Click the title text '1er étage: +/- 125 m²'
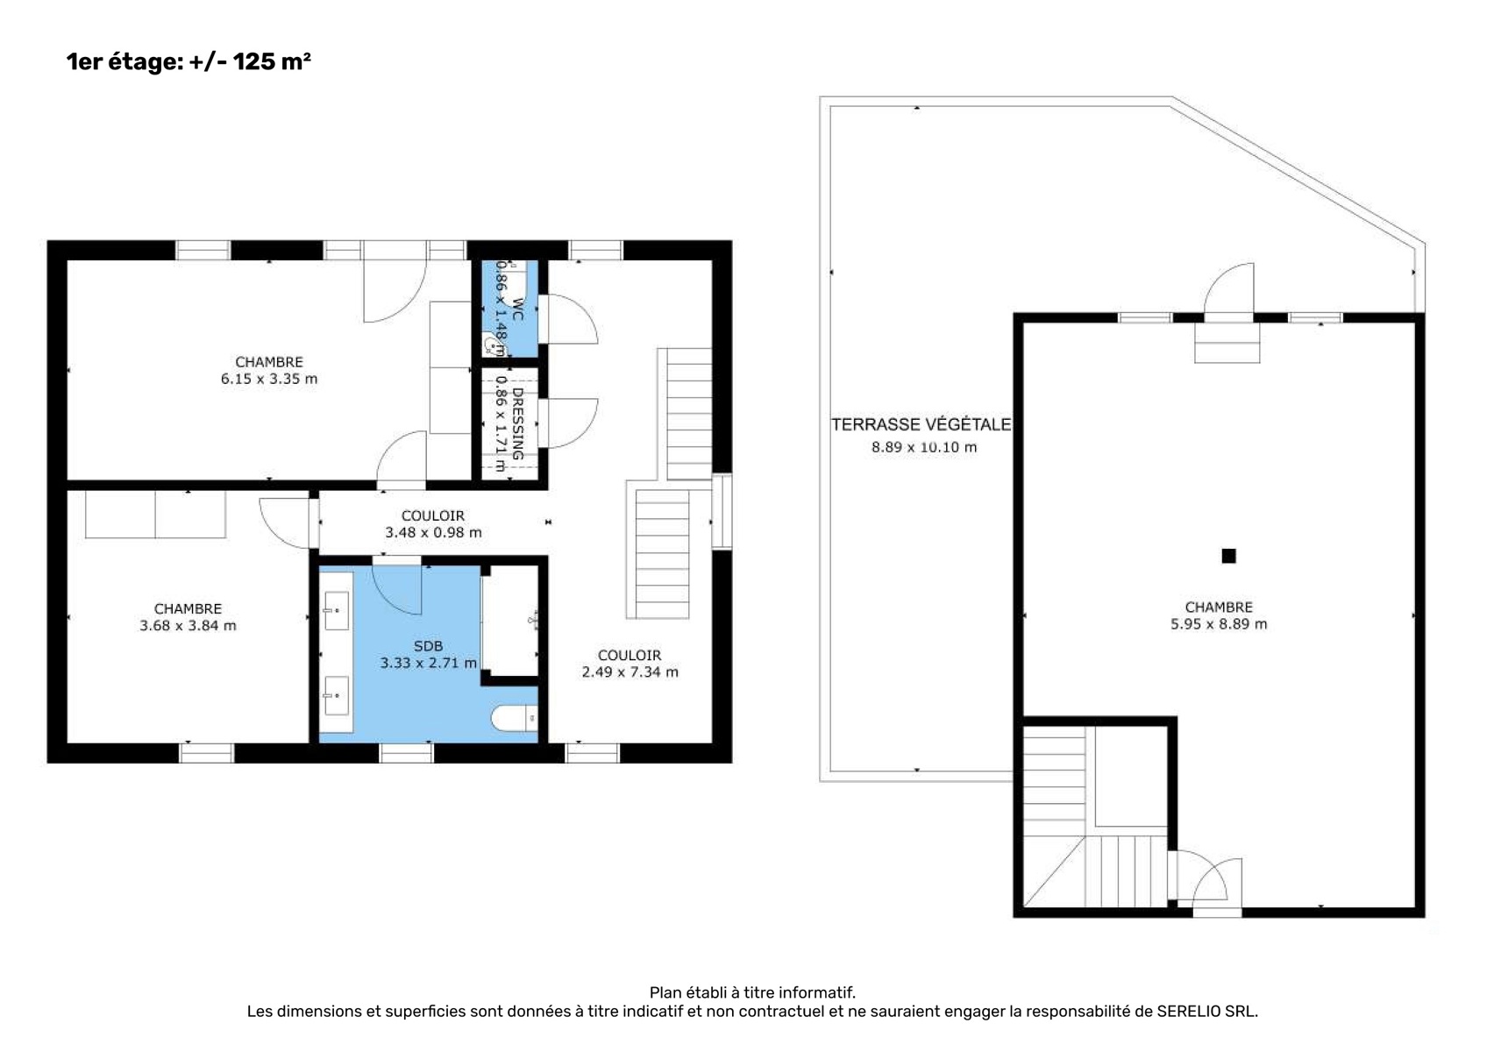[189, 61]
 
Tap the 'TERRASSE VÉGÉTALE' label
[921, 424]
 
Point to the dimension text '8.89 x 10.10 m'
[924, 447]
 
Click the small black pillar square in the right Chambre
[1228, 556]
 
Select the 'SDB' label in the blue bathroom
[428, 646]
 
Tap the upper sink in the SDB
[336, 610]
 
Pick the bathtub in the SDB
[509, 621]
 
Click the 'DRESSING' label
[518, 423]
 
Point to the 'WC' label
[518, 309]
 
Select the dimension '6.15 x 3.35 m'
[269, 379]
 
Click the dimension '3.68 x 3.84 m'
[188, 625]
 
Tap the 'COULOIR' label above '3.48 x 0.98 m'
[433, 515]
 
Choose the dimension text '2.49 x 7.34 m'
[630, 672]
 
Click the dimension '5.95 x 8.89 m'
[1219, 624]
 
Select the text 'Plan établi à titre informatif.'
[752, 993]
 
